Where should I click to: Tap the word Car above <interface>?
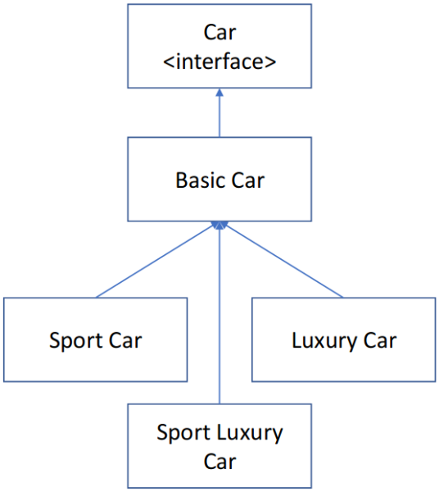point(219,33)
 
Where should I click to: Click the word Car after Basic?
point(247,180)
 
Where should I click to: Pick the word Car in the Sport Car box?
point(126,339)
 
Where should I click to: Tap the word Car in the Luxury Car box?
point(381,339)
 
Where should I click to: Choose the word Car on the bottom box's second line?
point(219,461)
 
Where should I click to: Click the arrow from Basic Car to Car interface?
point(219,115)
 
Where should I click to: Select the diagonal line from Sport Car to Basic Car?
point(156,261)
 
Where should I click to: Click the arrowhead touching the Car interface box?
point(219,92)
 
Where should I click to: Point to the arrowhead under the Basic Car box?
point(219,225)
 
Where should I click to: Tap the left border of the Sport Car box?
point(4,339)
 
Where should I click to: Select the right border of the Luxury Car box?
point(435,339)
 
